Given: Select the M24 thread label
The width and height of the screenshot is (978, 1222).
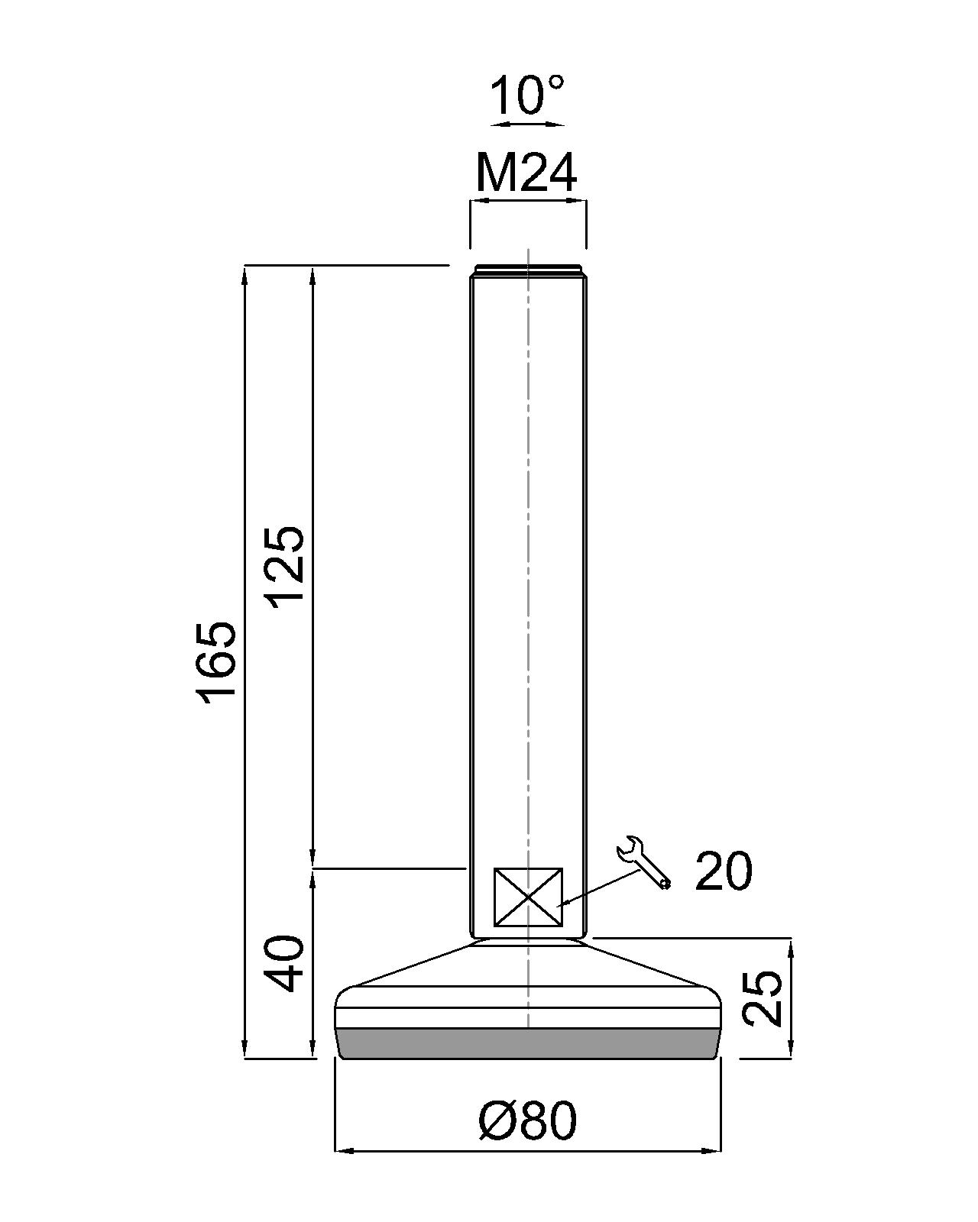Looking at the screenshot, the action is point(526,173).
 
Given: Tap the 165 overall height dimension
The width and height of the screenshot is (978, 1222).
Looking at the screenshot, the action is point(215,662).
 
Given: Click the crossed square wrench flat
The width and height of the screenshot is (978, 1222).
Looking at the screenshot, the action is point(528,897).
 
